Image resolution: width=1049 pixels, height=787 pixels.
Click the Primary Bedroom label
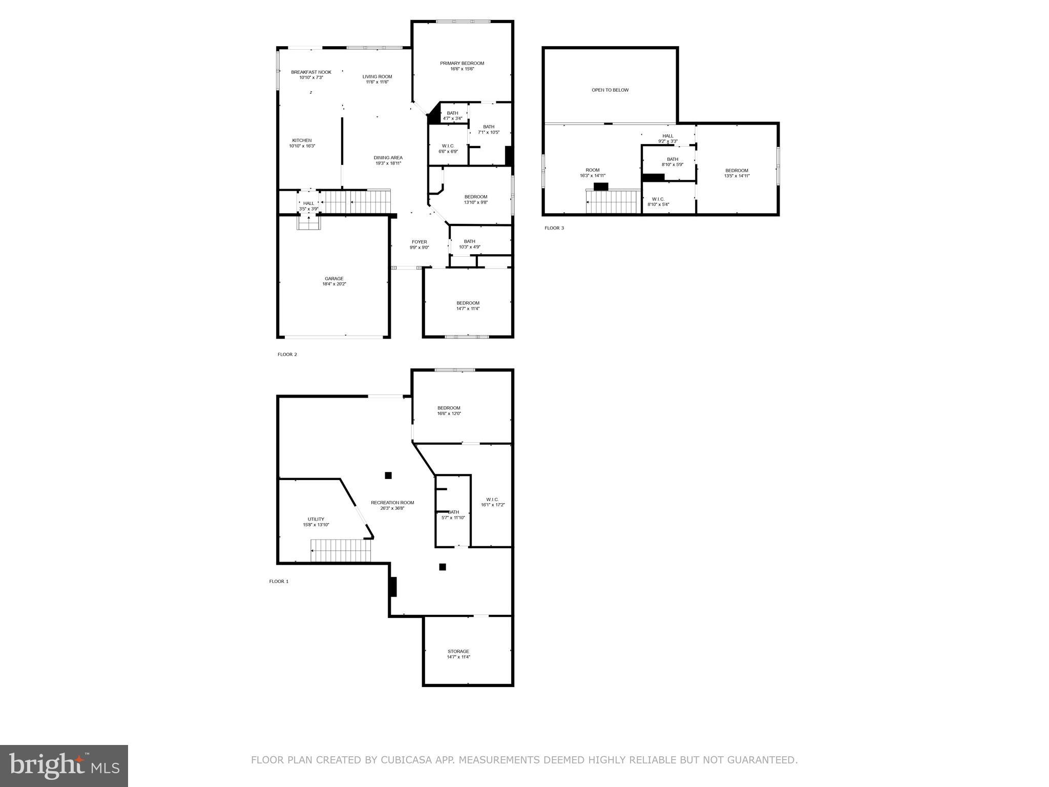coord(461,64)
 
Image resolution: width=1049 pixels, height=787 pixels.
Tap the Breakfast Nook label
coord(311,72)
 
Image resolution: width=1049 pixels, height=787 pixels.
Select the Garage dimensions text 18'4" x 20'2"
coord(334,284)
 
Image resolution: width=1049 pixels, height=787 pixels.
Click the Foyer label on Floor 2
coord(419,242)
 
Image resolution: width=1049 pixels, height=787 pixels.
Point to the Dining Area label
coord(388,158)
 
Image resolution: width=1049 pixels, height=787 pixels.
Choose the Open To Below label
coord(610,90)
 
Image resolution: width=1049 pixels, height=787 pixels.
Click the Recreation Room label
coord(392,503)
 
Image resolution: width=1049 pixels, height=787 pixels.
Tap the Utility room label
coord(316,519)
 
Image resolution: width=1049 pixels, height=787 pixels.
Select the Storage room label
coord(458,651)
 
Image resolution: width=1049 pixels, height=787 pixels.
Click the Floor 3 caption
coord(554,228)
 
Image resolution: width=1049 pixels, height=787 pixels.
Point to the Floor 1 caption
coord(279,582)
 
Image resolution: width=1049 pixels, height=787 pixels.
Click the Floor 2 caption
coord(287,355)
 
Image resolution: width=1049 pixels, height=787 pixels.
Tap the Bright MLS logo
coord(64,766)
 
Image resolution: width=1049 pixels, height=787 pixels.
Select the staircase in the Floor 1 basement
coord(341,551)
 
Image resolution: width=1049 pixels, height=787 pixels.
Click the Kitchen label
coord(302,140)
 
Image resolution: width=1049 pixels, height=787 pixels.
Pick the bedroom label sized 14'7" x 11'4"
coord(468,303)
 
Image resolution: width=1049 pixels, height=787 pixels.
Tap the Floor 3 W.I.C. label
coord(658,199)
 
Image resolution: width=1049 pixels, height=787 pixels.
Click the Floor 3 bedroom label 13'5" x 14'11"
coord(736,171)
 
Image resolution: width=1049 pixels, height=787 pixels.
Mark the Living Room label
coord(377,77)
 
